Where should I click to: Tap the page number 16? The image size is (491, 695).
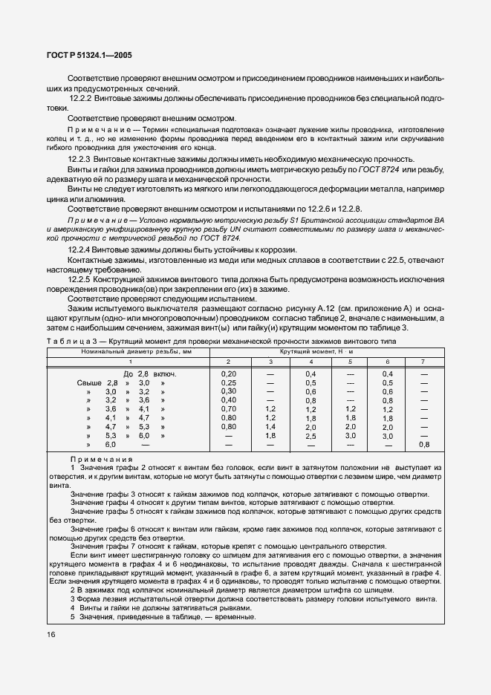point(51,634)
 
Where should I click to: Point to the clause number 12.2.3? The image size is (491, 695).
point(79,160)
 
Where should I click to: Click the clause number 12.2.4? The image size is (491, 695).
point(79,249)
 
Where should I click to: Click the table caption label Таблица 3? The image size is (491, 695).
point(69,341)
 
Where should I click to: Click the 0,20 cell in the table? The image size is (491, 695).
point(229,373)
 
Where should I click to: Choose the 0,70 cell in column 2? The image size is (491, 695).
point(229,409)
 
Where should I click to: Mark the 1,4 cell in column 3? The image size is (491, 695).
point(270,427)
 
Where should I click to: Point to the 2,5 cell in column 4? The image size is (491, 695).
point(310,436)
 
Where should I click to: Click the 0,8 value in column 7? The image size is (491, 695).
point(424,445)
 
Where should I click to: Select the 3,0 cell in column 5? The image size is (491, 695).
point(351,436)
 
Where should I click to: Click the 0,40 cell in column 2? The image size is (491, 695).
point(229,400)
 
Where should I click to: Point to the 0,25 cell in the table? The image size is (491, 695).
point(229,382)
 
